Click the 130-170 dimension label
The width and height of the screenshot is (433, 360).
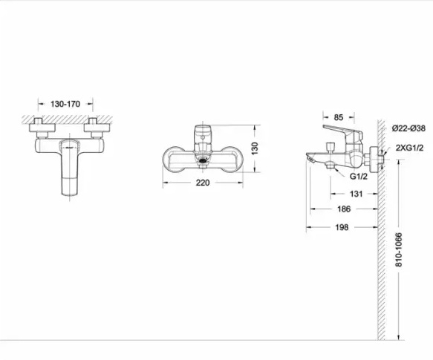65,104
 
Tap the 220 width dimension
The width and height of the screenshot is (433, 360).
203,183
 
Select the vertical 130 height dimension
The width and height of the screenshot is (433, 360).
255,148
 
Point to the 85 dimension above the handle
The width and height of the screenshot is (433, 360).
339,117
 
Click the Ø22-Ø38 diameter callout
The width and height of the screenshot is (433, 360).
408,128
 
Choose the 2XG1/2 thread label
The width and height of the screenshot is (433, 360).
409,148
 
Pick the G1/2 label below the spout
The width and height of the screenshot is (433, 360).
359,177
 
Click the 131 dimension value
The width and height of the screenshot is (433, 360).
357,194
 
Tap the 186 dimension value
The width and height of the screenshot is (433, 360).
344,209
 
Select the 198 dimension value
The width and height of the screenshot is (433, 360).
342,227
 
